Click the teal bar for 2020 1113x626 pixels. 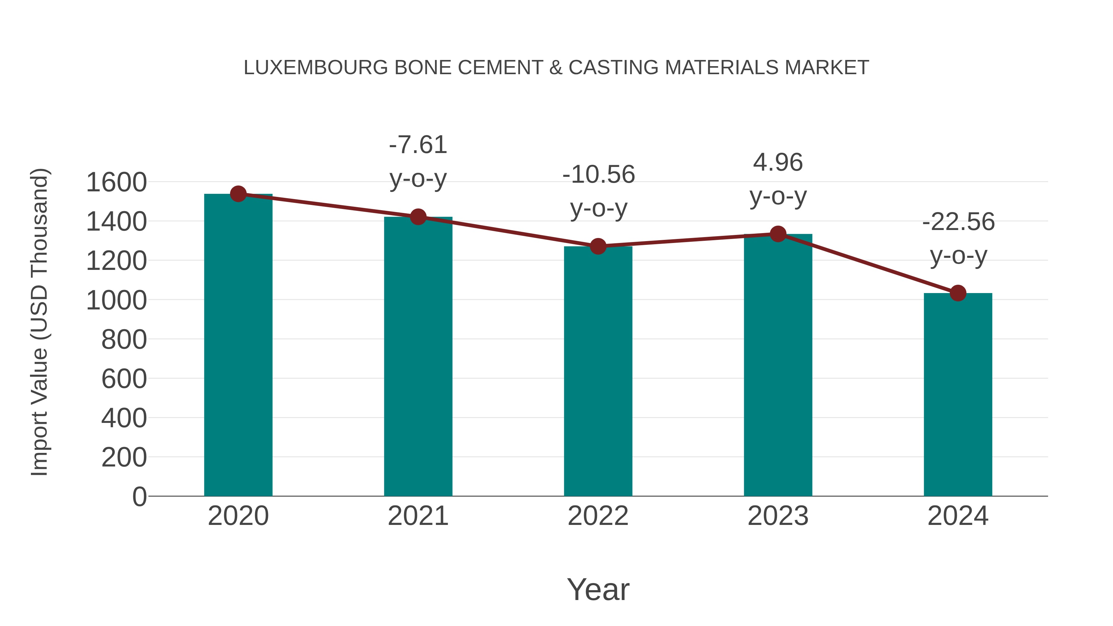coord(238,346)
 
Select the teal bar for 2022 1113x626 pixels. coord(598,372)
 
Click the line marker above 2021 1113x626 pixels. coord(418,217)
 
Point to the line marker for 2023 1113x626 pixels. coord(778,234)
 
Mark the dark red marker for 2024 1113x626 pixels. coord(958,293)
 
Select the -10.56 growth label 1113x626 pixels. coord(599,175)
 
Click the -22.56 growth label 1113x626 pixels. coord(958,222)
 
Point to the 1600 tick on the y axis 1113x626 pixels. coord(116,182)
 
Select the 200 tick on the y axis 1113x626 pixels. coord(124,458)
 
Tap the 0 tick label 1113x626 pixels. coord(139,497)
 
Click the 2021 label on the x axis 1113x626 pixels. coord(418,516)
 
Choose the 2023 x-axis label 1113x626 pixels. coord(778,516)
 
